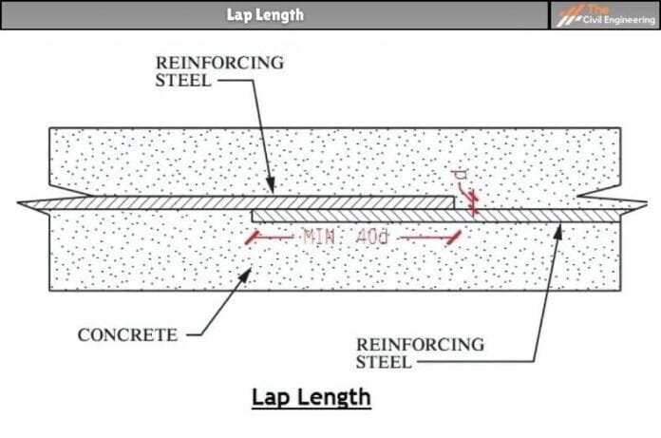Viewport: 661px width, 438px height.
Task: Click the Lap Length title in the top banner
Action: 266,14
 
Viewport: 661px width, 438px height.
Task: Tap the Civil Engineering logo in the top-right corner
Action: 605,14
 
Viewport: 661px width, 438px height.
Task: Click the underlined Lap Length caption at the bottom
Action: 311,395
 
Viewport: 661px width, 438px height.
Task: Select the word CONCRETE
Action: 127,334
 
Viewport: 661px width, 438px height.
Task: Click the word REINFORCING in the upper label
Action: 219,63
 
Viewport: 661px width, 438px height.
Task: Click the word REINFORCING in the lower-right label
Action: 419,344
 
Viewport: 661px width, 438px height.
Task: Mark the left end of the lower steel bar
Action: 254,216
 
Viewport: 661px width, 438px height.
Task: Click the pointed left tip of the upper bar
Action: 19,203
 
